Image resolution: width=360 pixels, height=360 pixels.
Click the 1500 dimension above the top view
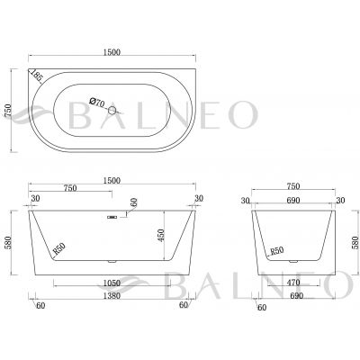point(112,52)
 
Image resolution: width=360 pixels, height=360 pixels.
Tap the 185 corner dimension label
point(37,76)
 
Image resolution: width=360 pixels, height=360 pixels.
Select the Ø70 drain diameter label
point(97,102)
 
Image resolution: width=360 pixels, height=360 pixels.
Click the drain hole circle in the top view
point(112,111)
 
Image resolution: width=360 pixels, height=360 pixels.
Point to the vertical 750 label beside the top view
point(8,111)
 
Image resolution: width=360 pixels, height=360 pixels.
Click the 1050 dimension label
point(112,283)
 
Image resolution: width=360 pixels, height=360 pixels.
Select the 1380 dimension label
point(112,296)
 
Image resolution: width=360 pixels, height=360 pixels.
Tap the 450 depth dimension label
point(161,236)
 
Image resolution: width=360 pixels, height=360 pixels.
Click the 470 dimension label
point(293,283)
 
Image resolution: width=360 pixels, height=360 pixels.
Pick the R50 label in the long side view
point(58,248)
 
